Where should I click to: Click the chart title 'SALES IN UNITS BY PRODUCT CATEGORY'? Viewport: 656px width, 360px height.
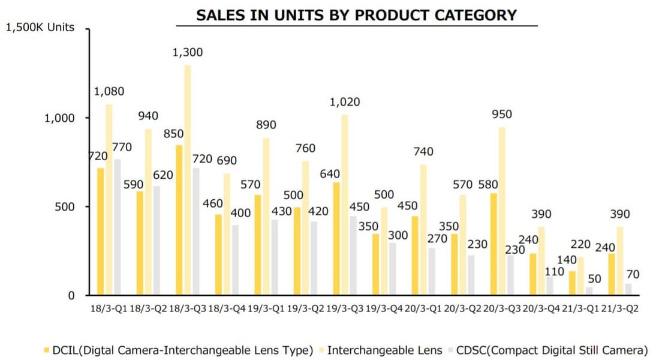pos(356,15)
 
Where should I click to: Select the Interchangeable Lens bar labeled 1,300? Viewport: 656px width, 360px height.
pos(188,180)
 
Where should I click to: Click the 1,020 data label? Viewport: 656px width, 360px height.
pos(345,102)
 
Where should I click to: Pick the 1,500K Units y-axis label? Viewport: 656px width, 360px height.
pos(40,27)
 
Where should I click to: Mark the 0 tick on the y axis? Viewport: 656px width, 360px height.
pos(71,295)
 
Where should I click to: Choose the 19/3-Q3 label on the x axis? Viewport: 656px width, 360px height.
pos(345,309)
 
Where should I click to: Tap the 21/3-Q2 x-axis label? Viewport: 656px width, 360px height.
pos(620,309)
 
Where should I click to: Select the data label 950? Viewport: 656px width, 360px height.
pos(502,115)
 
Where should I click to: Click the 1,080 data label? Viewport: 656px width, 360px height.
pos(109,92)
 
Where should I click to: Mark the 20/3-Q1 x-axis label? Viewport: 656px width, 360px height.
pos(424,309)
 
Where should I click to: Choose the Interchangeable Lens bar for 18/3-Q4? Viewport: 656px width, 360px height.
pos(227,234)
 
